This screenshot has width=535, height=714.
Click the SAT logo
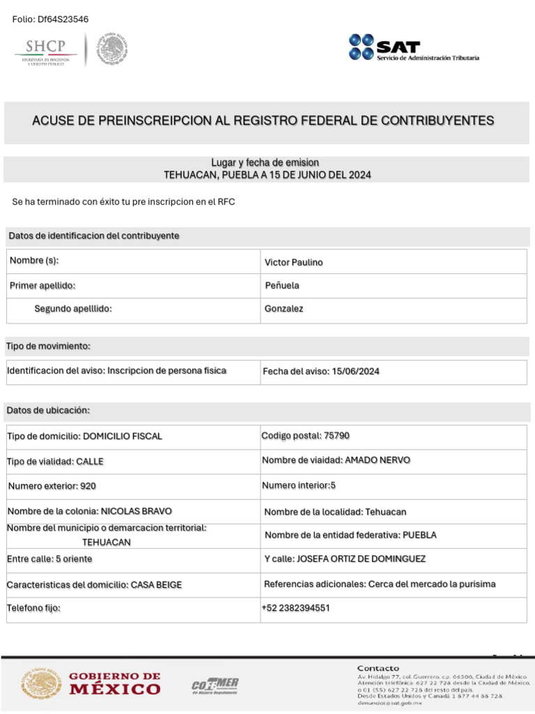click(414, 47)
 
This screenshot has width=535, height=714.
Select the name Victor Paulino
click(293, 263)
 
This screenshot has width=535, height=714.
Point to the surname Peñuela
click(282, 286)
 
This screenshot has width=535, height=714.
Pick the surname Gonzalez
click(284, 309)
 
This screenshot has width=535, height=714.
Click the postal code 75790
click(336, 436)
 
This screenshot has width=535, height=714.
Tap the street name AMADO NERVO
click(378, 460)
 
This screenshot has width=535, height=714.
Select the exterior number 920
click(88, 486)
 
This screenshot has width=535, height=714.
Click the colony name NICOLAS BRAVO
click(137, 511)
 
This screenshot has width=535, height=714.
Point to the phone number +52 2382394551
click(295, 608)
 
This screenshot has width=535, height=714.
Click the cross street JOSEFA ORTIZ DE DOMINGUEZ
click(361, 559)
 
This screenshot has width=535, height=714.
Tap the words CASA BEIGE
click(156, 585)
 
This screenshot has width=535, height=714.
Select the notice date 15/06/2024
click(355, 372)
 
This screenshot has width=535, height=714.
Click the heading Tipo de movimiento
click(48, 347)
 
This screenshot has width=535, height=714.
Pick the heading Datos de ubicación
click(48, 411)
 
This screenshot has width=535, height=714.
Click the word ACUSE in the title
click(53, 121)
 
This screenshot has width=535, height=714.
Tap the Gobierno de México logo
click(91, 684)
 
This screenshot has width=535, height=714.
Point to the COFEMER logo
click(215, 685)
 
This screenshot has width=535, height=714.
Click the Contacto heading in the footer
click(378, 668)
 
